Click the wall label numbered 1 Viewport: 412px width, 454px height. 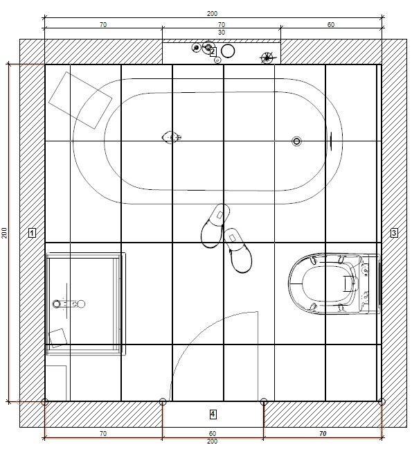[x=32, y=233]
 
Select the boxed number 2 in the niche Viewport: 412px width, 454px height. [x=213, y=52]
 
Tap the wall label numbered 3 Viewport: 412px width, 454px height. [x=394, y=233]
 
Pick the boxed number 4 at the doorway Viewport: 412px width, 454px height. [x=213, y=414]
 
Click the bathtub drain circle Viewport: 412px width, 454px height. [x=296, y=141]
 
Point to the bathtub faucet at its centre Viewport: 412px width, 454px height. [x=172, y=137]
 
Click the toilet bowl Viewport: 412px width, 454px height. [x=334, y=283]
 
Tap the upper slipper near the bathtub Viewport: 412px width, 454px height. [x=215, y=226]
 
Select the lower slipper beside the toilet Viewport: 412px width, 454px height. [x=238, y=251]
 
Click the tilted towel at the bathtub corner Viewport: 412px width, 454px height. [x=80, y=101]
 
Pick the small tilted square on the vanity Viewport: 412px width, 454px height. [x=57, y=338]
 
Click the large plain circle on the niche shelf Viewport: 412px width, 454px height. [x=228, y=51]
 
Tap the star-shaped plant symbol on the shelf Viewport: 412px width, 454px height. [x=267, y=58]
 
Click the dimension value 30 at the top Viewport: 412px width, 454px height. [x=222, y=33]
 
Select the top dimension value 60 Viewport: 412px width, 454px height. [x=331, y=25]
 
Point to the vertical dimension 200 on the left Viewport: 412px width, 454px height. [x=5, y=233]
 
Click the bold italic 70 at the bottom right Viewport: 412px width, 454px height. [x=323, y=434]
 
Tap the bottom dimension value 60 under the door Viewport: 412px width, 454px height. [x=213, y=434]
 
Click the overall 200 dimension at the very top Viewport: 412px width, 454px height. [x=212, y=14]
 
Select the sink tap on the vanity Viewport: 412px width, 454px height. [x=69, y=304]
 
